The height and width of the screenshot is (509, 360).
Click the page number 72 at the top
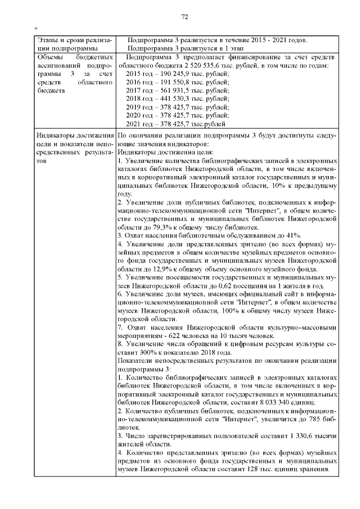(x=183, y=17)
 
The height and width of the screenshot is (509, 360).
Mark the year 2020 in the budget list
(x=135, y=115)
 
